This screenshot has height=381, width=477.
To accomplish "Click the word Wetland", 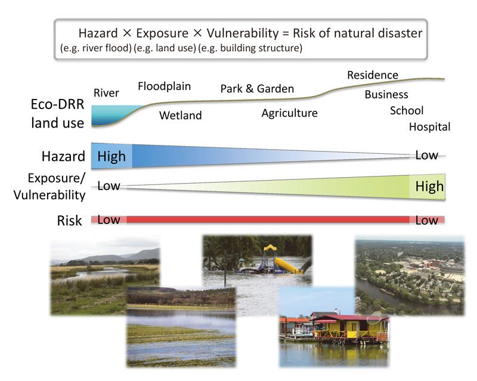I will click(x=181, y=116).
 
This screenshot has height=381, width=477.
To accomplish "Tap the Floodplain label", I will click(x=165, y=86).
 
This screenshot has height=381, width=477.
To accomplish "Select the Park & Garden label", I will click(x=257, y=89).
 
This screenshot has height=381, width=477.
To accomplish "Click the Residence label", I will click(x=373, y=75).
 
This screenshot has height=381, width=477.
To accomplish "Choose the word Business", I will click(x=386, y=94).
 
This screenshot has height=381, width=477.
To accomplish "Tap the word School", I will click(x=407, y=110).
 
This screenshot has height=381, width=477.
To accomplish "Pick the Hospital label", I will click(x=429, y=126).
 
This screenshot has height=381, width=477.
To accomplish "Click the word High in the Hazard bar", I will click(x=111, y=156).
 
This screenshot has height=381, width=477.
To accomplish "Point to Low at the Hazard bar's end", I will click(x=427, y=156).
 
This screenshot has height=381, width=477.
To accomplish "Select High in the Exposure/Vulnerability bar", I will click(x=429, y=187).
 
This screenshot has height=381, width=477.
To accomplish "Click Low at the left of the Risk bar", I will click(x=109, y=220).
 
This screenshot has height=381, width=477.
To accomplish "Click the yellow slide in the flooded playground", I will click(x=288, y=264).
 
